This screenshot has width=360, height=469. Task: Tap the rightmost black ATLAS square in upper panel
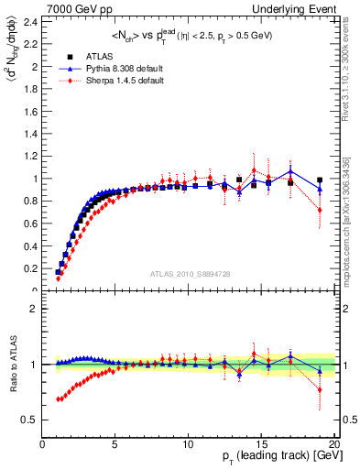(320, 180)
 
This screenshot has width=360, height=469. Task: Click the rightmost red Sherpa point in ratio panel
(320, 389)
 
